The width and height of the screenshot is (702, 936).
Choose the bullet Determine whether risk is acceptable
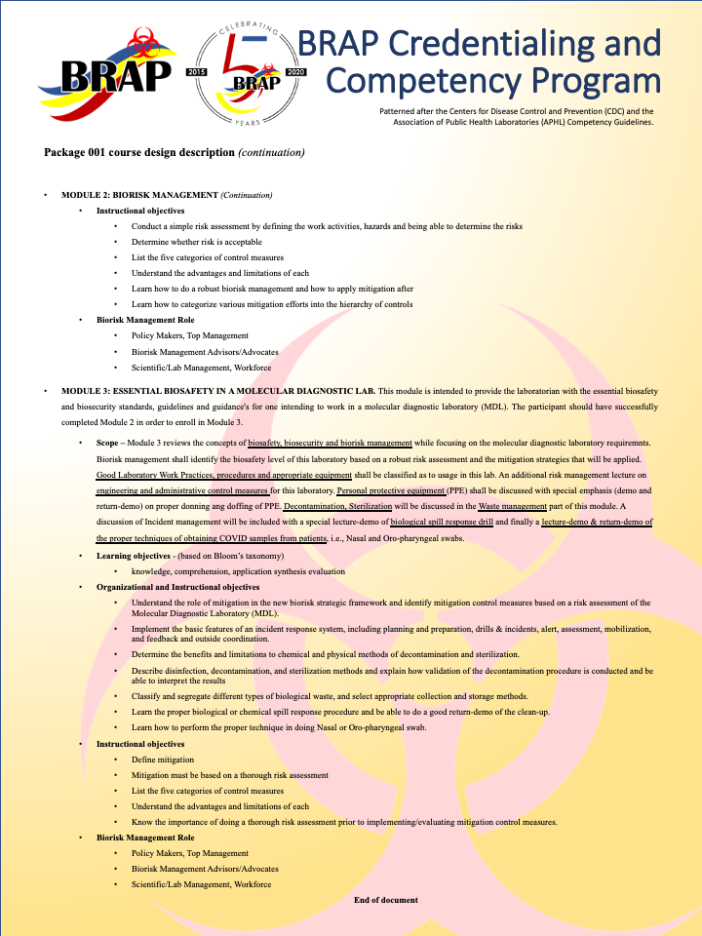(x=197, y=242)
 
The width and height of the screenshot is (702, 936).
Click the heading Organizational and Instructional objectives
(x=177, y=587)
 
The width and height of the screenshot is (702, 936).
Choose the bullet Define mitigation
(x=163, y=760)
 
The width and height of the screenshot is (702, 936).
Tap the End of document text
(x=385, y=900)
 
